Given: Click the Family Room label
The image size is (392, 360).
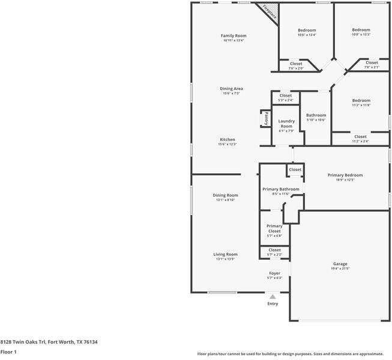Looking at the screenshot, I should point(234,36).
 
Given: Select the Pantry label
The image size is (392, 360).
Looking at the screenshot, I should point(265,118).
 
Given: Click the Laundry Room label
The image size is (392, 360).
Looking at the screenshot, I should point(286,124).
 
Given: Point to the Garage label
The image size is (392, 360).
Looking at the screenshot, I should point(340,263).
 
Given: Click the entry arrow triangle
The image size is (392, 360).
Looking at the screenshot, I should point(273,296).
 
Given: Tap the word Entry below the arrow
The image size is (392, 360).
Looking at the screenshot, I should point(273,304).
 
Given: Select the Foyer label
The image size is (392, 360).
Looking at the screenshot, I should point(274,274).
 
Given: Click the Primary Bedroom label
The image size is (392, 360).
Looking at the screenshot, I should point(345,175).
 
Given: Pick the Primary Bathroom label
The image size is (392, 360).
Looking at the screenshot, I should point(280,189).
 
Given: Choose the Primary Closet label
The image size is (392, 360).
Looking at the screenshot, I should point(274,228).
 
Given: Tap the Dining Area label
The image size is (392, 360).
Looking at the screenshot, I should point(231,89).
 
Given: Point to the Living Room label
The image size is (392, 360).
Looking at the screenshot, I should point(225,254).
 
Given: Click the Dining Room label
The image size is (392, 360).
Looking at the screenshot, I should point(225,195).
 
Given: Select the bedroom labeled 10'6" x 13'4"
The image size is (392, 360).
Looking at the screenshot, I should point(307,32).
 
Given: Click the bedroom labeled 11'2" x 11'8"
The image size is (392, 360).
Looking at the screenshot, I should point(361,103).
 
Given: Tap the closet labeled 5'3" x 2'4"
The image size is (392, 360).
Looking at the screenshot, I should point(285,97).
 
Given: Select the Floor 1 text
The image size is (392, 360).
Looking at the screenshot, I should point(8,352).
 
